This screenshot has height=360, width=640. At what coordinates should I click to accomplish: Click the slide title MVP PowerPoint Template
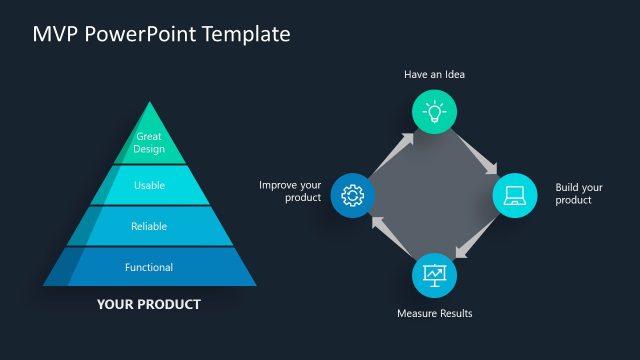(161, 34)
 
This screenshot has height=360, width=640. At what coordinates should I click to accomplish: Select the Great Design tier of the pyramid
(149, 142)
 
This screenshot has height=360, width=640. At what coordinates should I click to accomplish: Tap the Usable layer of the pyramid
(149, 185)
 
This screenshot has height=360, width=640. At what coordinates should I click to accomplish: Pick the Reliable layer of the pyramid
(149, 226)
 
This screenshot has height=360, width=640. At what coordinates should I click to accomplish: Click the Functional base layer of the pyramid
(149, 267)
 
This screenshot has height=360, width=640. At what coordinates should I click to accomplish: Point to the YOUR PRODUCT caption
(149, 304)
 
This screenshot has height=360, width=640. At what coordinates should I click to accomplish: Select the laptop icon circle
(516, 194)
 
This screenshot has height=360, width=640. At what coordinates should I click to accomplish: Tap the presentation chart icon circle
(434, 274)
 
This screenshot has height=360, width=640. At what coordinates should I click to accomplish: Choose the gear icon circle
(352, 194)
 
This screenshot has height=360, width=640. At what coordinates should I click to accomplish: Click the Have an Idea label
(434, 74)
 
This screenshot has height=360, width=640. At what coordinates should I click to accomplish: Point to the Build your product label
(579, 194)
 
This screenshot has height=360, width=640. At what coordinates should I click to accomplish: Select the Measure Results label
(434, 314)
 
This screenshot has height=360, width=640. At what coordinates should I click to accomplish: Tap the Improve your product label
(290, 191)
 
